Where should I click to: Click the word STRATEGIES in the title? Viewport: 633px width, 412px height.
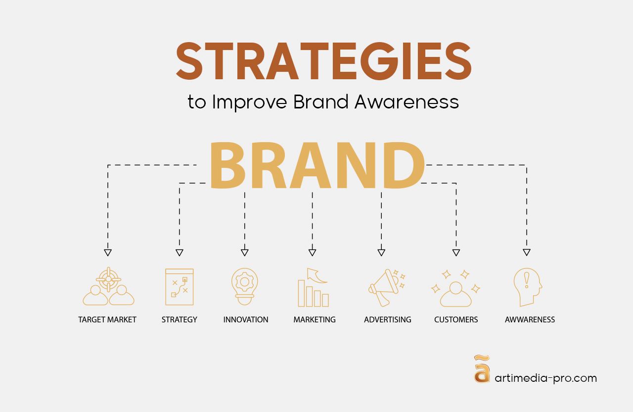point(323,61)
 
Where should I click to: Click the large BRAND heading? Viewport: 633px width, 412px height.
point(317,166)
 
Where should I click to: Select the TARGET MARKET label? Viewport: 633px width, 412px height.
point(107,320)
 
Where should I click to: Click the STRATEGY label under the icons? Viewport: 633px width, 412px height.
point(179,320)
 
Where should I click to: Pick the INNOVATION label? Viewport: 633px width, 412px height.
point(246,320)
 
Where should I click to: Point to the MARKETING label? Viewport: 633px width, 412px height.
point(315,320)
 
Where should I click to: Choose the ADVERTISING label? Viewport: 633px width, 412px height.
point(388,320)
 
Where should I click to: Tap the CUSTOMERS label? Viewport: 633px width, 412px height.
point(456,320)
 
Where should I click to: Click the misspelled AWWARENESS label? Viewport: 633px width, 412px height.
point(530,320)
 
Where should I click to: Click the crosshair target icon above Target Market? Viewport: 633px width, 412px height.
point(109,280)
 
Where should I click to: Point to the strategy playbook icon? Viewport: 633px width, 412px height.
point(179,287)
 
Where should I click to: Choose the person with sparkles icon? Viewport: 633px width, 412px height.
point(455,288)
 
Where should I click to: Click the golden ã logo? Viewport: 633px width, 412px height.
point(482,369)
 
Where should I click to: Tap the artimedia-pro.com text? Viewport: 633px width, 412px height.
point(545,378)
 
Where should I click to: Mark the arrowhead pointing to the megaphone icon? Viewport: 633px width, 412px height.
point(381,253)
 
